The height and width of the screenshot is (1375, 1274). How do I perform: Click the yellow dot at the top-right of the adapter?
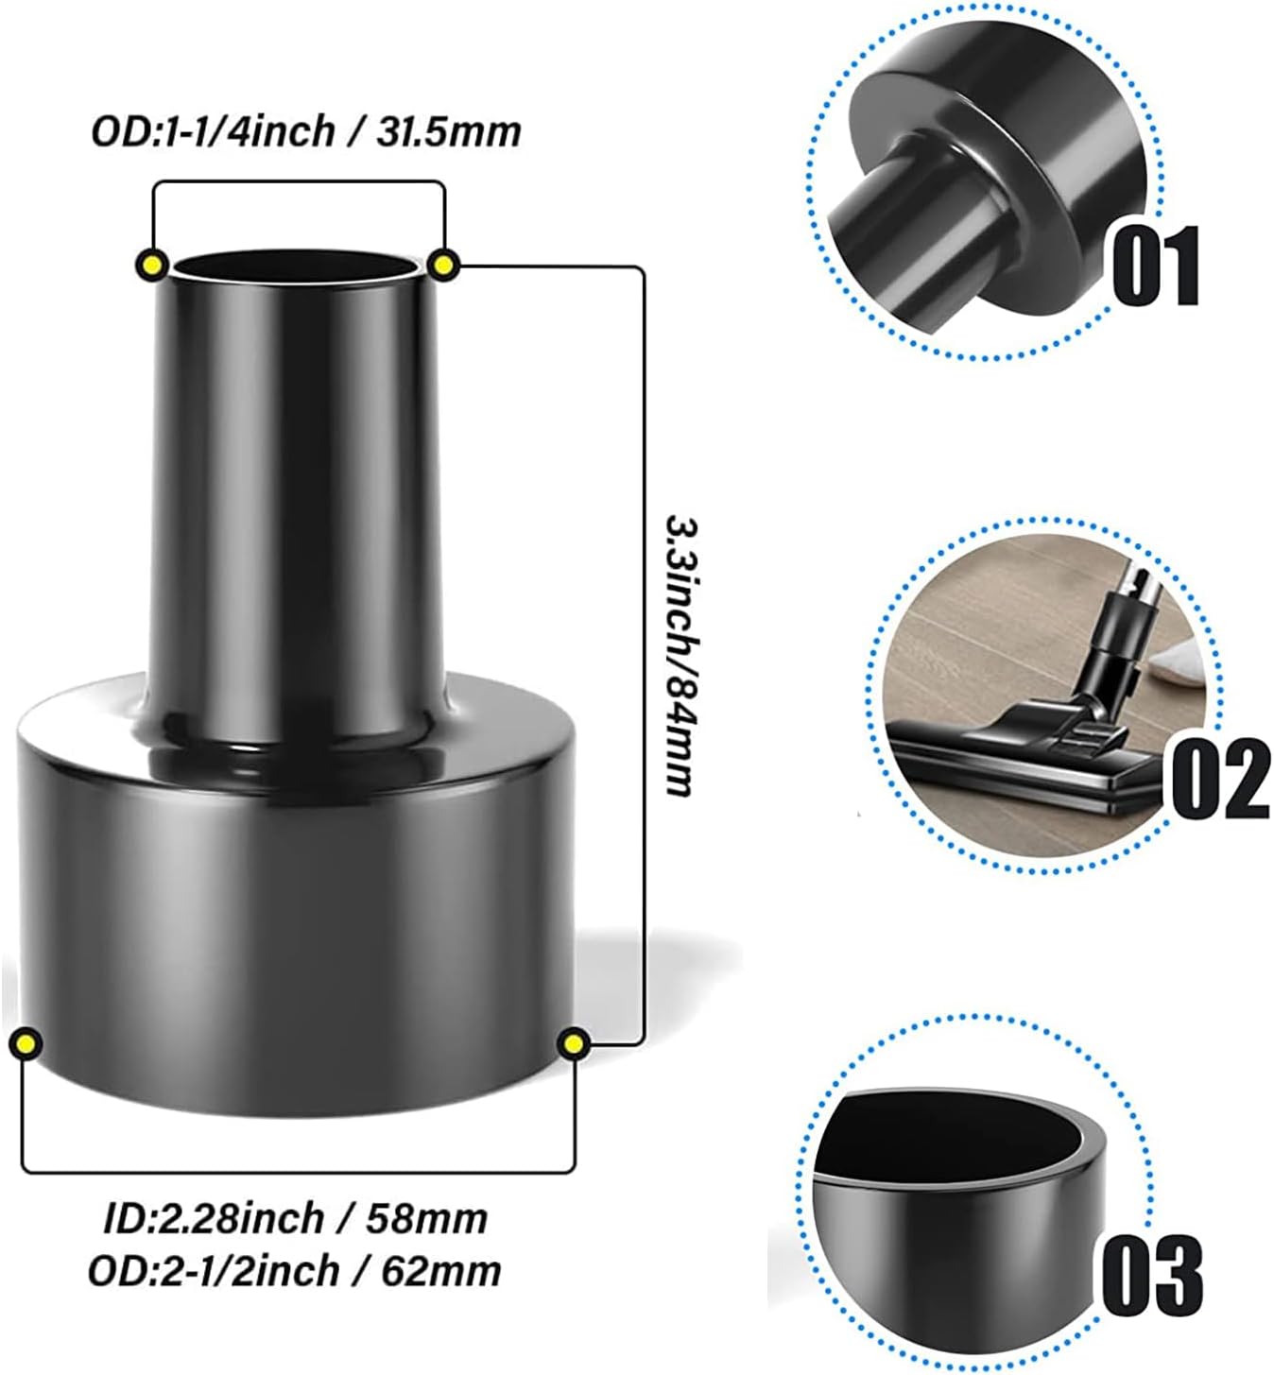(443, 264)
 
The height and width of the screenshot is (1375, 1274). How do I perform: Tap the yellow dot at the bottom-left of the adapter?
(26, 1043)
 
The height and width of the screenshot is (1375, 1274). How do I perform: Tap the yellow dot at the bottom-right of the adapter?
(573, 1043)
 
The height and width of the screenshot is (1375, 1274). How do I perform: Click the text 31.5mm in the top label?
(449, 130)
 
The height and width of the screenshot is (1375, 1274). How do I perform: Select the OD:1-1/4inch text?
(213, 130)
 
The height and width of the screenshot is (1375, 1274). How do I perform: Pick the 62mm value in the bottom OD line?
(440, 1270)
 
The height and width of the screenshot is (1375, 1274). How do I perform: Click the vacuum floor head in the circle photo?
(1021, 756)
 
